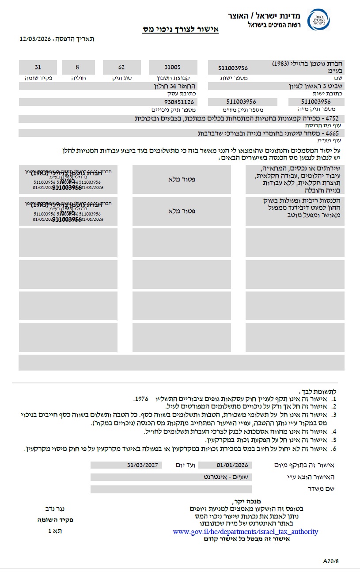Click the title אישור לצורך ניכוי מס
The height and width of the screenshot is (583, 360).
(x=180, y=30)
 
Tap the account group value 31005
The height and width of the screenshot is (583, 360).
(x=172, y=68)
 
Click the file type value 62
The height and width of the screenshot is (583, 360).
(x=121, y=68)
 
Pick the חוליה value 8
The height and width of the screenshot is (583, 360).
(x=77, y=68)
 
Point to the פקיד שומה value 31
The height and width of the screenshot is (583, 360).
(x=38, y=68)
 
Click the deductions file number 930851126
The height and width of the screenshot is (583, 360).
(x=179, y=102)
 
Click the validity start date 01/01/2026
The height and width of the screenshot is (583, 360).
(x=232, y=465)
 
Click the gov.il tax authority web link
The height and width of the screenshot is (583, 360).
(x=245, y=531)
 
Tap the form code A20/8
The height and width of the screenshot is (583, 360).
(x=331, y=561)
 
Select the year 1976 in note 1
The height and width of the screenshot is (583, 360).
(x=140, y=399)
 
